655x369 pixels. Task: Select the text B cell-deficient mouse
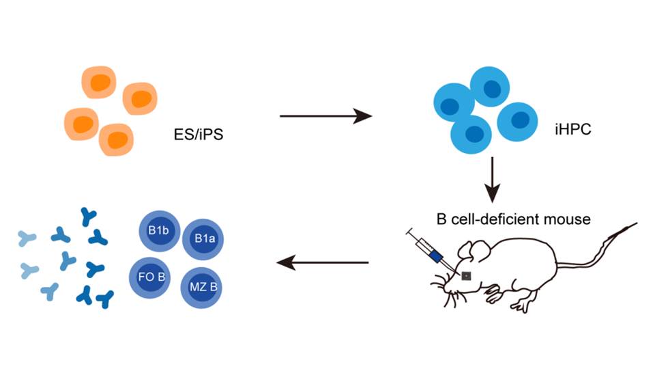(x=513, y=220)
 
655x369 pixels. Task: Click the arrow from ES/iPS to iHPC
(x=326, y=117)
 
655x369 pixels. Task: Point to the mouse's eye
(x=467, y=276)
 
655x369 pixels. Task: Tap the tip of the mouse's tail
(x=635, y=223)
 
